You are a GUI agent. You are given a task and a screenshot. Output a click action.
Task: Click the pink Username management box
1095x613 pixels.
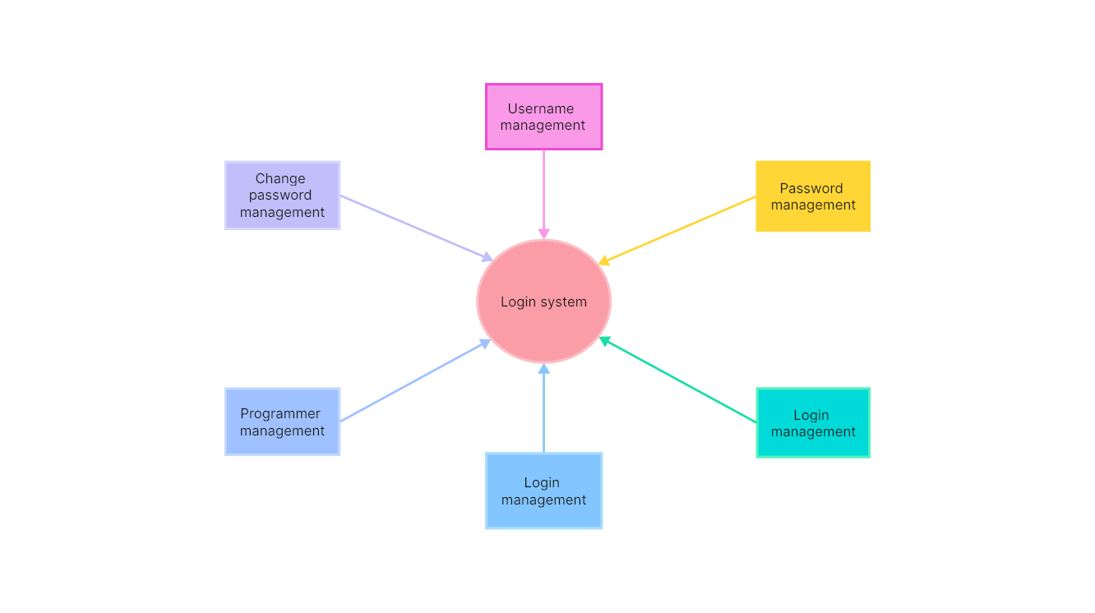[x=543, y=117]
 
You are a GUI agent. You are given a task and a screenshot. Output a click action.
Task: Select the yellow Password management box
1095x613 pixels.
[x=813, y=196]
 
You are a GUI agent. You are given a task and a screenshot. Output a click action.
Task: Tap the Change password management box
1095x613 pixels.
[x=282, y=196]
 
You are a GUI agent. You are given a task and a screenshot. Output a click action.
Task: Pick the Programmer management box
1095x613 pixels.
[x=282, y=422]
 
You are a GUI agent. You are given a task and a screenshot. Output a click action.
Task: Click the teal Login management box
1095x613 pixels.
[x=813, y=423]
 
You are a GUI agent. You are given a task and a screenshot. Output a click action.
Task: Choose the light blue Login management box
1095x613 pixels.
[x=543, y=491]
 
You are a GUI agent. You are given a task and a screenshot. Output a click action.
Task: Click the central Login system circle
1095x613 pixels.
[x=543, y=302]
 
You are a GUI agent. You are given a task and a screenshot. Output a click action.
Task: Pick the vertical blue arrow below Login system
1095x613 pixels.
[x=543, y=411]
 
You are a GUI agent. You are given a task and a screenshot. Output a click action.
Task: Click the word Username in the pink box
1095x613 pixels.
[x=541, y=108]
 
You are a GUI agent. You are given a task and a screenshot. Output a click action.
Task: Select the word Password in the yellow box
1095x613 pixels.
[x=811, y=188]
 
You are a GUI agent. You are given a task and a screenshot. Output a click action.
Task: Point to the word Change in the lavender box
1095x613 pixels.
[x=280, y=178]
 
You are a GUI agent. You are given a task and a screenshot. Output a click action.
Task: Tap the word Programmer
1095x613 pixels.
[x=280, y=413]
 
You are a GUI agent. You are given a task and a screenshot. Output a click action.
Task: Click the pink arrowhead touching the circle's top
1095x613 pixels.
[x=543, y=234]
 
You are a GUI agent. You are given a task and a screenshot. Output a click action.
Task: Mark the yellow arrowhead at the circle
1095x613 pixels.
[x=604, y=261]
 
